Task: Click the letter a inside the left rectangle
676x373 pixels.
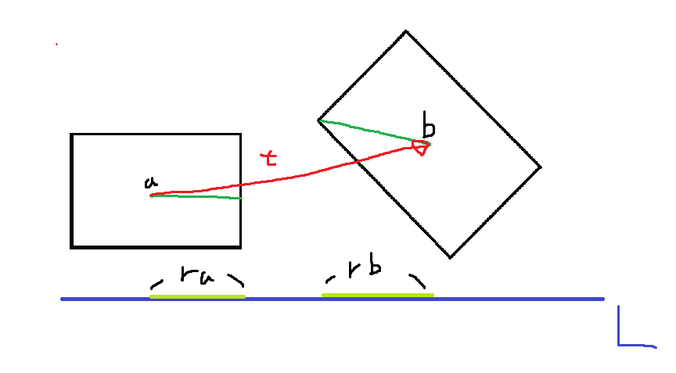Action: coord(150,183)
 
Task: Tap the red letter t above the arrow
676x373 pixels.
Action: coord(269,159)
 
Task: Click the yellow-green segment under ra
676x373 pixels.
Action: coord(197,296)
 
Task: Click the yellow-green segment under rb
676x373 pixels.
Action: coord(377,295)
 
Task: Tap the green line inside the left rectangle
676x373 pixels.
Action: coord(196,196)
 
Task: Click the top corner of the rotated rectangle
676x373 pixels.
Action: coord(405,31)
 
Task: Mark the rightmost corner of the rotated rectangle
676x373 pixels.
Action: coord(541,167)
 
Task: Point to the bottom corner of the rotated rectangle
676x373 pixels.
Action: coord(450,257)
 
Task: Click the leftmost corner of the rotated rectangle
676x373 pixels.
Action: coord(318,120)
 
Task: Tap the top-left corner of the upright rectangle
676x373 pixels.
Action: coord(72,134)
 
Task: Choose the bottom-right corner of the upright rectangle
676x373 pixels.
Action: coord(240,247)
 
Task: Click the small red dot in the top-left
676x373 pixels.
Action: coord(56,45)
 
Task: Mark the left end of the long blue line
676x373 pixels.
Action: coord(63,299)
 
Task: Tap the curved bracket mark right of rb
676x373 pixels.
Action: coord(419,281)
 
